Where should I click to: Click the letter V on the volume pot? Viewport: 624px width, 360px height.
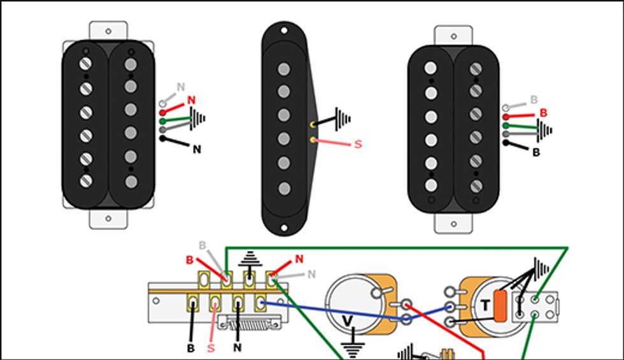tap(348, 319)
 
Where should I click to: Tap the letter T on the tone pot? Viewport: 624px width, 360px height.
tap(485, 306)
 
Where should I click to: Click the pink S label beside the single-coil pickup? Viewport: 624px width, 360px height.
tap(357, 144)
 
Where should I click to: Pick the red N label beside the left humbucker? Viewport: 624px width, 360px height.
tap(191, 101)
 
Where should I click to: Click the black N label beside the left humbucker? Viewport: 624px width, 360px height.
tap(197, 150)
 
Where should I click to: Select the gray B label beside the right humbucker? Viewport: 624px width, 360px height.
tap(534, 101)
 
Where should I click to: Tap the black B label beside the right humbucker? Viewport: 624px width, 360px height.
tap(536, 153)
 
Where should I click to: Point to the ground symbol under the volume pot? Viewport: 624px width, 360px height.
tap(348, 350)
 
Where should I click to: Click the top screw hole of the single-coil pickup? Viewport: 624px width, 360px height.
tap(284, 29)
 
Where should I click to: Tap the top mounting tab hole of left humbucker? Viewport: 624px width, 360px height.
tap(108, 30)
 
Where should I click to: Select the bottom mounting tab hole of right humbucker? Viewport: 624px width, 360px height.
tap(453, 224)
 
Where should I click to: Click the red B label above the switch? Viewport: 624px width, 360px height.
tap(189, 260)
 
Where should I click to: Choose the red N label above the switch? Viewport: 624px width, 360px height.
tap(299, 259)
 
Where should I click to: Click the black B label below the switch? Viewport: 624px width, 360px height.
tap(190, 349)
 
